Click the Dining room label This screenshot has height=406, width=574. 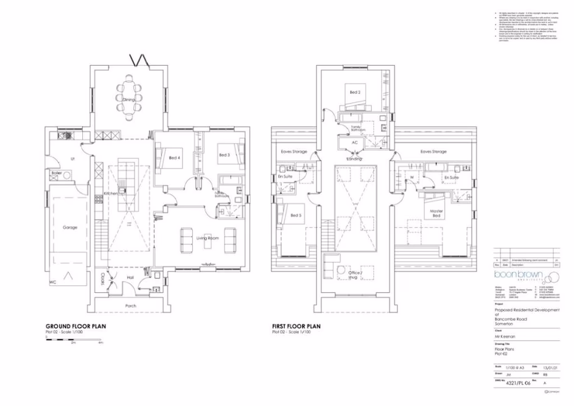point(128,99)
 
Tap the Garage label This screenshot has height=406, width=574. point(70,227)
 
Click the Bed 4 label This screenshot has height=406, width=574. point(175,158)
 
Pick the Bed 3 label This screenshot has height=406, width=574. point(224,155)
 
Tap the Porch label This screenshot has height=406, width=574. point(130,306)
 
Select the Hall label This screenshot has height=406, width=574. point(130,278)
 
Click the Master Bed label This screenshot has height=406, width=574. point(437,214)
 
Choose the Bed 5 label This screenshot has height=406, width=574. point(296,215)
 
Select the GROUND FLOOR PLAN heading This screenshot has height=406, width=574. point(77,326)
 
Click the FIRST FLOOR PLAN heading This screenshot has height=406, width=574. point(296,326)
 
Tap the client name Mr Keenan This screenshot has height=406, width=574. point(505,335)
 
